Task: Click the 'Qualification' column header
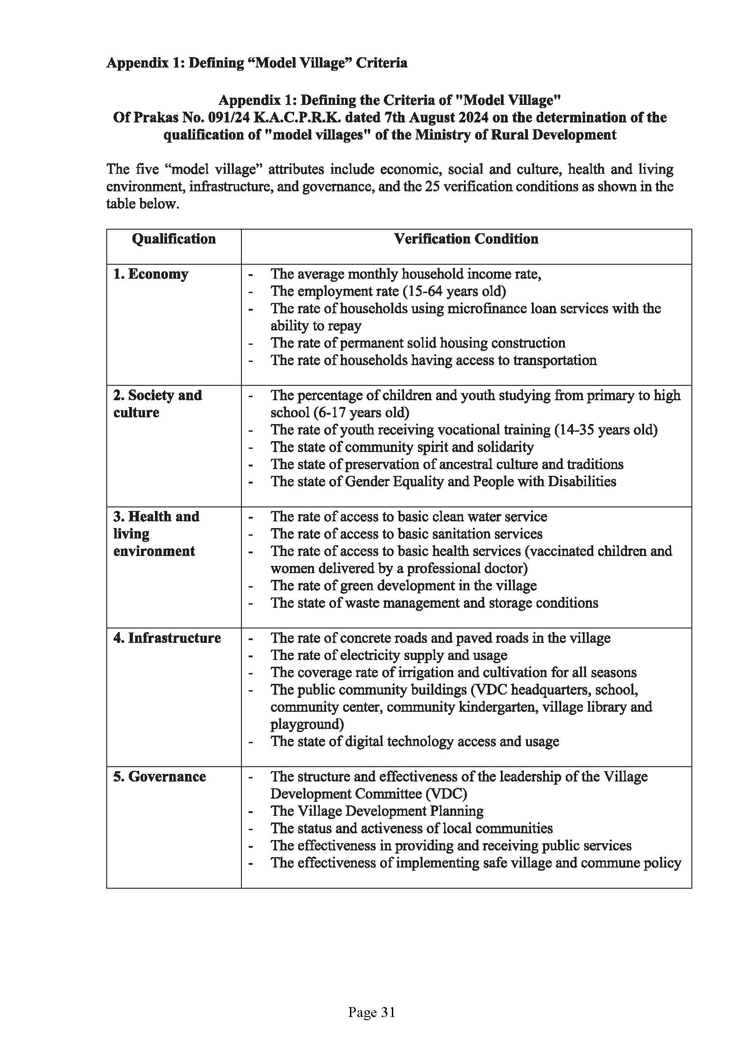coord(173,239)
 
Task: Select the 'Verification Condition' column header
coord(466,239)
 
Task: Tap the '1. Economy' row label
coord(150,274)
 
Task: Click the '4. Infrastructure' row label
coord(167,638)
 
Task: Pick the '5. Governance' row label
coord(159,777)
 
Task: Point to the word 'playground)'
coord(307,724)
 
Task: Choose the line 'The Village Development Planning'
coord(377,811)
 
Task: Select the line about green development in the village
coord(403,586)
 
